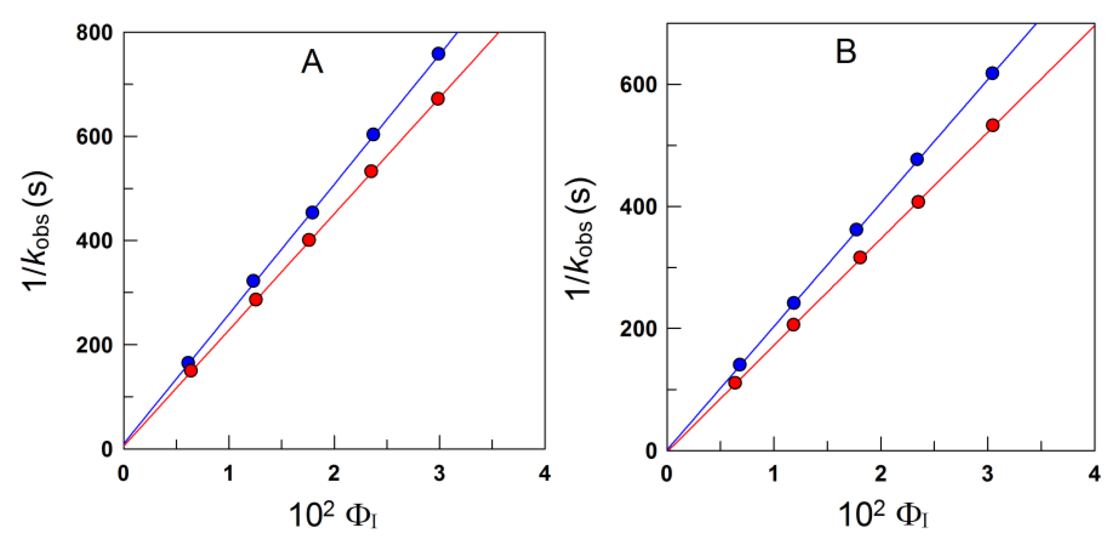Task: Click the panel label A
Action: [312, 62]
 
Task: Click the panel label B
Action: [846, 52]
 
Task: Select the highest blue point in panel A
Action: [438, 54]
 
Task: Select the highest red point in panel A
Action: [438, 99]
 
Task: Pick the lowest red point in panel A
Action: [191, 370]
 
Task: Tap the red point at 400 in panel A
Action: [309, 240]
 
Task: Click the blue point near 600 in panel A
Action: [373, 134]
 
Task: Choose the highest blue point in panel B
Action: [992, 73]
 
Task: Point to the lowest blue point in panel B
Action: [739, 365]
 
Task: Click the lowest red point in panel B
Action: [735, 383]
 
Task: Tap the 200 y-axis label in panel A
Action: [94, 345]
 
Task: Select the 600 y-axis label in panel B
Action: [638, 84]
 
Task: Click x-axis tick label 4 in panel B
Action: [1094, 474]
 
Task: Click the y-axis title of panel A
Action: [38, 231]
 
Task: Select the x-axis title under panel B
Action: [884, 515]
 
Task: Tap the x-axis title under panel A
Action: [333, 515]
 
